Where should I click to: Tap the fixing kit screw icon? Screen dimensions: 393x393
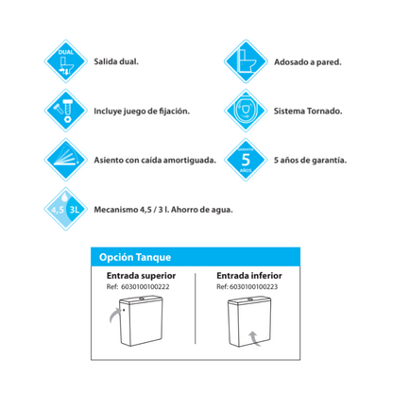tap(65, 111)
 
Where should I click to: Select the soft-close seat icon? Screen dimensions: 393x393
tap(65, 160)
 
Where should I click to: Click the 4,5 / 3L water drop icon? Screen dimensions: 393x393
tap(65, 209)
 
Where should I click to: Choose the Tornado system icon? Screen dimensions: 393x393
tap(246, 111)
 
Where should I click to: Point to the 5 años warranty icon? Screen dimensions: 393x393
tap(246, 160)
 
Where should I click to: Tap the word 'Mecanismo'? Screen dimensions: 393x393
tap(116, 209)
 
